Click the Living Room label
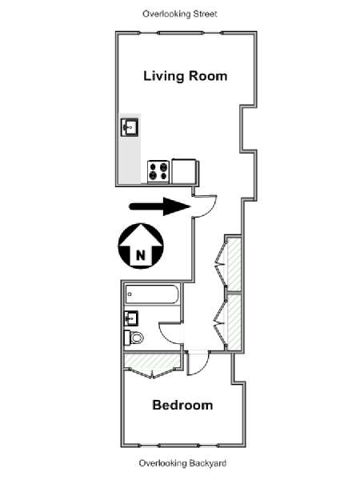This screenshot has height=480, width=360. (186, 76)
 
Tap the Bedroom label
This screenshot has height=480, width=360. (182, 405)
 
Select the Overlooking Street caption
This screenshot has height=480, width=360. (180, 14)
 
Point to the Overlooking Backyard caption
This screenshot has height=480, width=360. (182, 463)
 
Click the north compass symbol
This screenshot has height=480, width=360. (141, 246)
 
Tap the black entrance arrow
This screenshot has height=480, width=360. (160, 206)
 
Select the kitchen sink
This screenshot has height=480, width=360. (130, 127)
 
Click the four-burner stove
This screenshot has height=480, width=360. (158, 172)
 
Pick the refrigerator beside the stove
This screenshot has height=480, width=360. (184, 171)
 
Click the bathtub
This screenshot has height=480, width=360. (152, 294)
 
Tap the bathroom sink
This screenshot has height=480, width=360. (131, 318)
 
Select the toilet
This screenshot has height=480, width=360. (134, 338)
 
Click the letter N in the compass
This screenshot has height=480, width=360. (141, 254)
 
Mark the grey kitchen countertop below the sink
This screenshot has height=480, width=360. (130, 161)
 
